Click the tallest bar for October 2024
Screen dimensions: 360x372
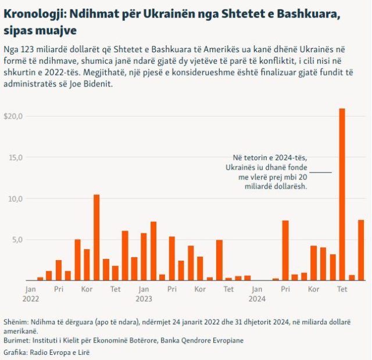(342, 195)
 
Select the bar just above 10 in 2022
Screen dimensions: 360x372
(96, 237)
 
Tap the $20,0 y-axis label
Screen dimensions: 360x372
(13, 116)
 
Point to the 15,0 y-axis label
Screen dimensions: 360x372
(15, 157)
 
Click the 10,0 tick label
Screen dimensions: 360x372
(15, 199)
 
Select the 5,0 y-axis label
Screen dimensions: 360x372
(17, 240)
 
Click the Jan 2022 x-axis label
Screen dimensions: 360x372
(30, 293)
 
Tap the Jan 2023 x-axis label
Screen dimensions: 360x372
(144, 293)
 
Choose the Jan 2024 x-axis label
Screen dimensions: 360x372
(257, 293)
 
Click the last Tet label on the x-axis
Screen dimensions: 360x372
(342, 289)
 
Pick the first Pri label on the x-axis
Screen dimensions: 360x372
(59, 289)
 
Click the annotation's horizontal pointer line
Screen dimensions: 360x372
(320, 172)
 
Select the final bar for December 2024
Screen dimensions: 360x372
(361, 250)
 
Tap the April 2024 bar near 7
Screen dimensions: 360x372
(285, 250)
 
